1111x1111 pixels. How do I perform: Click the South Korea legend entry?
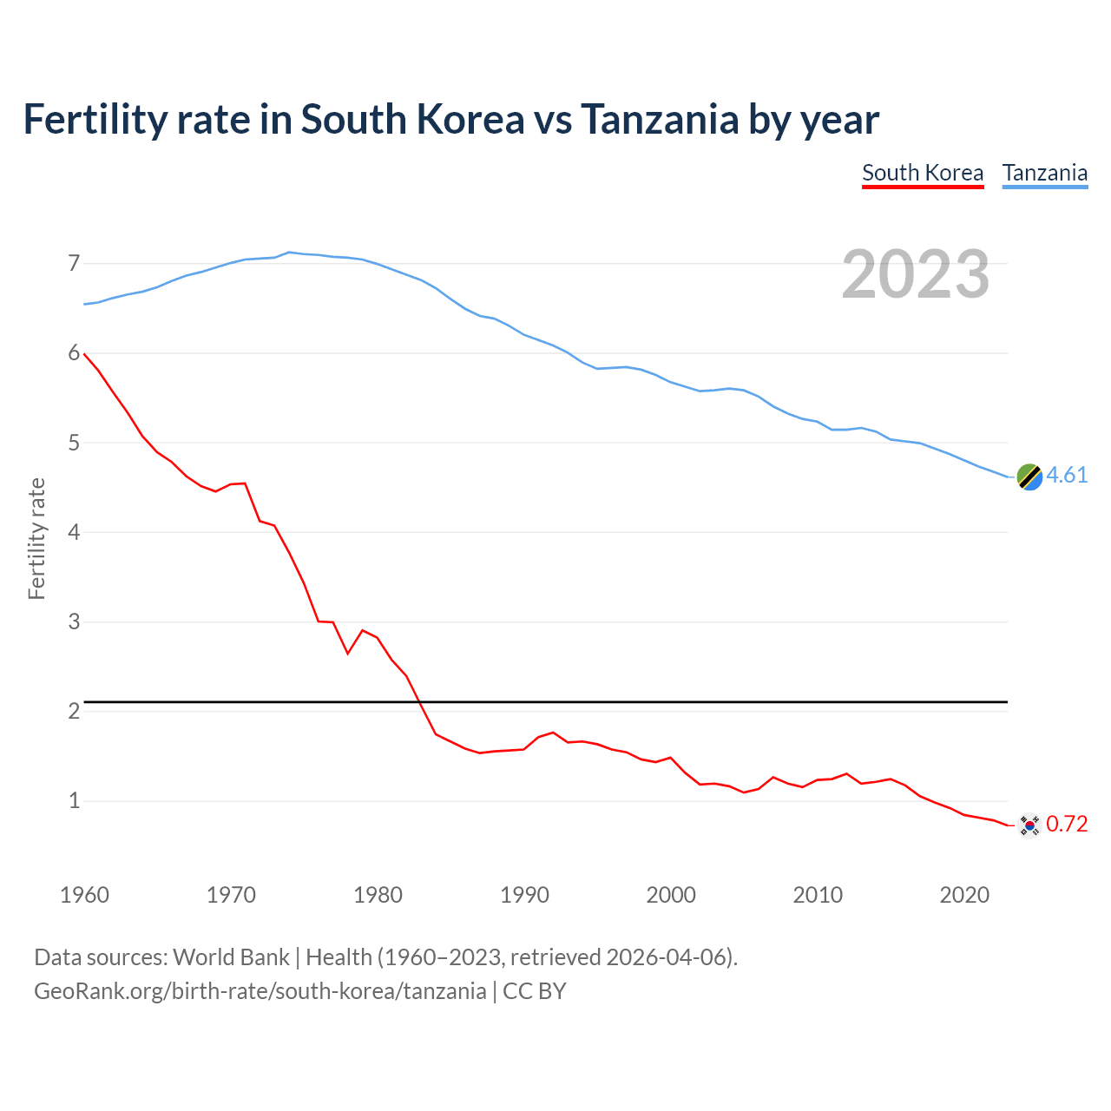pyautogui.click(x=923, y=173)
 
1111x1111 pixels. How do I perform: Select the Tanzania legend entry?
pyautogui.click(x=1045, y=173)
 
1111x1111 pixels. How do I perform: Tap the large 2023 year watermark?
pyautogui.click(x=916, y=274)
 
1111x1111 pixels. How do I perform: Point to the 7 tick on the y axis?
pyautogui.click(x=74, y=263)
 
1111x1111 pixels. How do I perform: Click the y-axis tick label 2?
pyautogui.click(x=74, y=711)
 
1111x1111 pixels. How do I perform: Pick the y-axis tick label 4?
pyautogui.click(x=74, y=532)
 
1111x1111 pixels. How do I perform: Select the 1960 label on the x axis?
pyautogui.click(x=84, y=895)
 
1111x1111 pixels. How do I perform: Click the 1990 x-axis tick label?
pyautogui.click(x=524, y=895)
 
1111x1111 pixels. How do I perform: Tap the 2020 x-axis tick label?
pyautogui.click(x=964, y=895)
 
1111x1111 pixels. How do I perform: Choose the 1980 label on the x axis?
pyautogui.click(x=378, y=895)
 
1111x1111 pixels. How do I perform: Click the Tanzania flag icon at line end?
pyautogui.click(x=1029, y=477)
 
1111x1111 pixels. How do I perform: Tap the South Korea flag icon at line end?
pyautogui.click(x=1029, y=825)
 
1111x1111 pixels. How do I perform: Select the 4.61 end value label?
pyautogui.click(x=1067, y=476)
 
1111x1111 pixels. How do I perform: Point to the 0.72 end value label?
pyautogui.click(x=1067, y=825)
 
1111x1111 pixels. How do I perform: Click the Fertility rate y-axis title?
pyautogui.click(x=36, y=538)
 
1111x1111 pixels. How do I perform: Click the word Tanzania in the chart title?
pyautogui.click(x=660, y=120)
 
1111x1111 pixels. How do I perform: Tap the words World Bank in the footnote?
pyautogui.click(x=231, y=957)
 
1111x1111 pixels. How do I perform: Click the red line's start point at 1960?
pyautogui.click(x=84, y=353)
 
